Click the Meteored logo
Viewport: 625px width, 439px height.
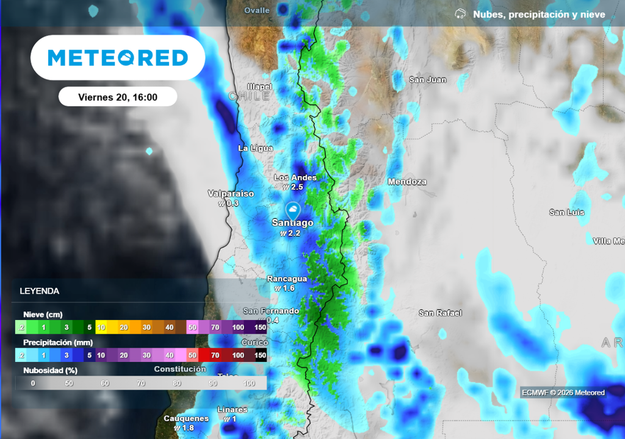coord(118,58)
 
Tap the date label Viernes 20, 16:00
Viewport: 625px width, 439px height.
coord(118,97)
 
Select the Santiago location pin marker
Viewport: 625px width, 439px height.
coord(293,210)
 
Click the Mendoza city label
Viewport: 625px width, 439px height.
coord(407,182)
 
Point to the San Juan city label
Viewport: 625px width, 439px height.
coord(427,80)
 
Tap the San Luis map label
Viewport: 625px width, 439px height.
coord(566,212)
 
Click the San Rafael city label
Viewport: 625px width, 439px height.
coord(439,313)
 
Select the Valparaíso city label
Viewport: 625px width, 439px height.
coord(231,193)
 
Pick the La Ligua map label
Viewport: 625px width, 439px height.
coord(255,148)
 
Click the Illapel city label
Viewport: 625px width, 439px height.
coord(259,87)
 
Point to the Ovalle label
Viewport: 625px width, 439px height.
coord(256,10)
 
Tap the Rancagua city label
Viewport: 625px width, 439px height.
coord(287,279)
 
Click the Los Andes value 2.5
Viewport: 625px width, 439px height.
coord(297,187)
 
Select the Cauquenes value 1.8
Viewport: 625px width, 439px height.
coord(188,428)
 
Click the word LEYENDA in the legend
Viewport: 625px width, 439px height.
coord(40,291)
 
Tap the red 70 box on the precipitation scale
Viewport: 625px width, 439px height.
coord(215,355)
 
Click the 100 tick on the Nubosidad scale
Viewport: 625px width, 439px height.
coord(249,383)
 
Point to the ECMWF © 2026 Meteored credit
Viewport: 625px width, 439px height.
coord(563,393)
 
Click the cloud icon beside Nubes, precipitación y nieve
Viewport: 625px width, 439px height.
coord(461,14)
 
